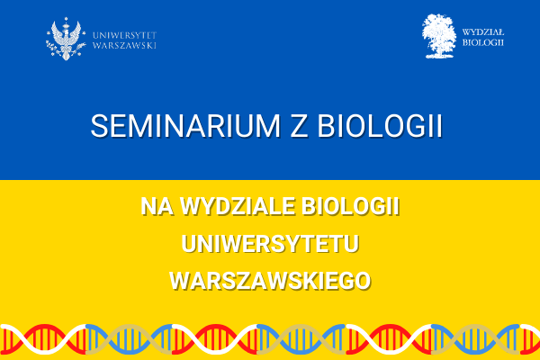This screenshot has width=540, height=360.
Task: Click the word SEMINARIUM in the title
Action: pyautogui.click(x=185, y=126)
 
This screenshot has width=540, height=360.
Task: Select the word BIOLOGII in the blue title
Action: pyautogui.click(x=380, y=126)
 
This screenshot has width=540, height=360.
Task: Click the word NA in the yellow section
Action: pyautogui.click(x=157, y=206)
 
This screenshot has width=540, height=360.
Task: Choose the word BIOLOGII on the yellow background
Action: pyautogui.click(x=351, y=206)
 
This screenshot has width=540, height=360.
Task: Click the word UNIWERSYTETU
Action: pyautogui.click(x=270, y=244)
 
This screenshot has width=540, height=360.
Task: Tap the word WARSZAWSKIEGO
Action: pyautogui.click(x=270, y=281)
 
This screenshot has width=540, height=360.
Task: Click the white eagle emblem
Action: pyautogui.click(x=66, y=40)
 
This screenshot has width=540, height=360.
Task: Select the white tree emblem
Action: pyautogui.click(x=439, y=36)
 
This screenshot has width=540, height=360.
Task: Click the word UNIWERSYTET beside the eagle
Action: pyautogui.click(x=125, y=35)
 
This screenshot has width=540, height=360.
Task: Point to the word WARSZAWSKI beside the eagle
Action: pyautogui.click(x=125, y=46)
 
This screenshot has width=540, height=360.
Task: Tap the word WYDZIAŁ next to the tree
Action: pyautogui.click(x=482, y=32)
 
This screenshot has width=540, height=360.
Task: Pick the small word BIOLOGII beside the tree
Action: pyautogui.click(x=482, y=42)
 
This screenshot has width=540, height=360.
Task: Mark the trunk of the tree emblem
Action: pyautogui.click(x=438, y=50)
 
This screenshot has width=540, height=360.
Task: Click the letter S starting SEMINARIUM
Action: pyautogui.click(x=98, y=126)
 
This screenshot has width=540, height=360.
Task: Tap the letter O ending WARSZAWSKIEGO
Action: pyautogui.click(x=362, y=281)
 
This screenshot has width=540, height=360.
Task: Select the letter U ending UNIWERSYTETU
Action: pyautogui.click(x=352, y=244)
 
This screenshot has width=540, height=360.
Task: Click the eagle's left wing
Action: pyautogui.click(x=56, y=33)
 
